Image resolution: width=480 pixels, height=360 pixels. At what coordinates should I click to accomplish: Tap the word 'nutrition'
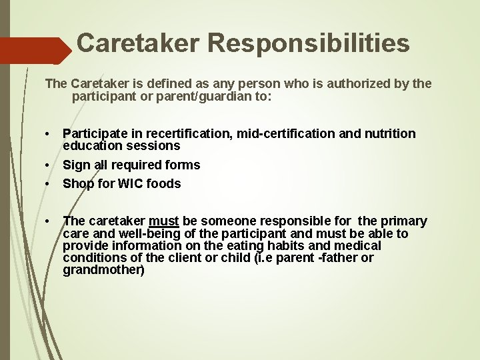click(389, 133)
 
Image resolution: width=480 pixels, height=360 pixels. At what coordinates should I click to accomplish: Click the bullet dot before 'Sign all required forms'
click(49, 165)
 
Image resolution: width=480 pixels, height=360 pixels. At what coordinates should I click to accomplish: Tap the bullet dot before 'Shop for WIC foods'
click(49, 183)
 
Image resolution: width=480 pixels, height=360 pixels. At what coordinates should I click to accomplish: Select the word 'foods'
click(163, 183)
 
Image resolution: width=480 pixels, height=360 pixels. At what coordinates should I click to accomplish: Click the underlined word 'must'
click(164, 221)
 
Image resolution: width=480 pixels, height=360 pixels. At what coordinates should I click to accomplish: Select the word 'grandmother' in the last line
click(103, 270)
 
